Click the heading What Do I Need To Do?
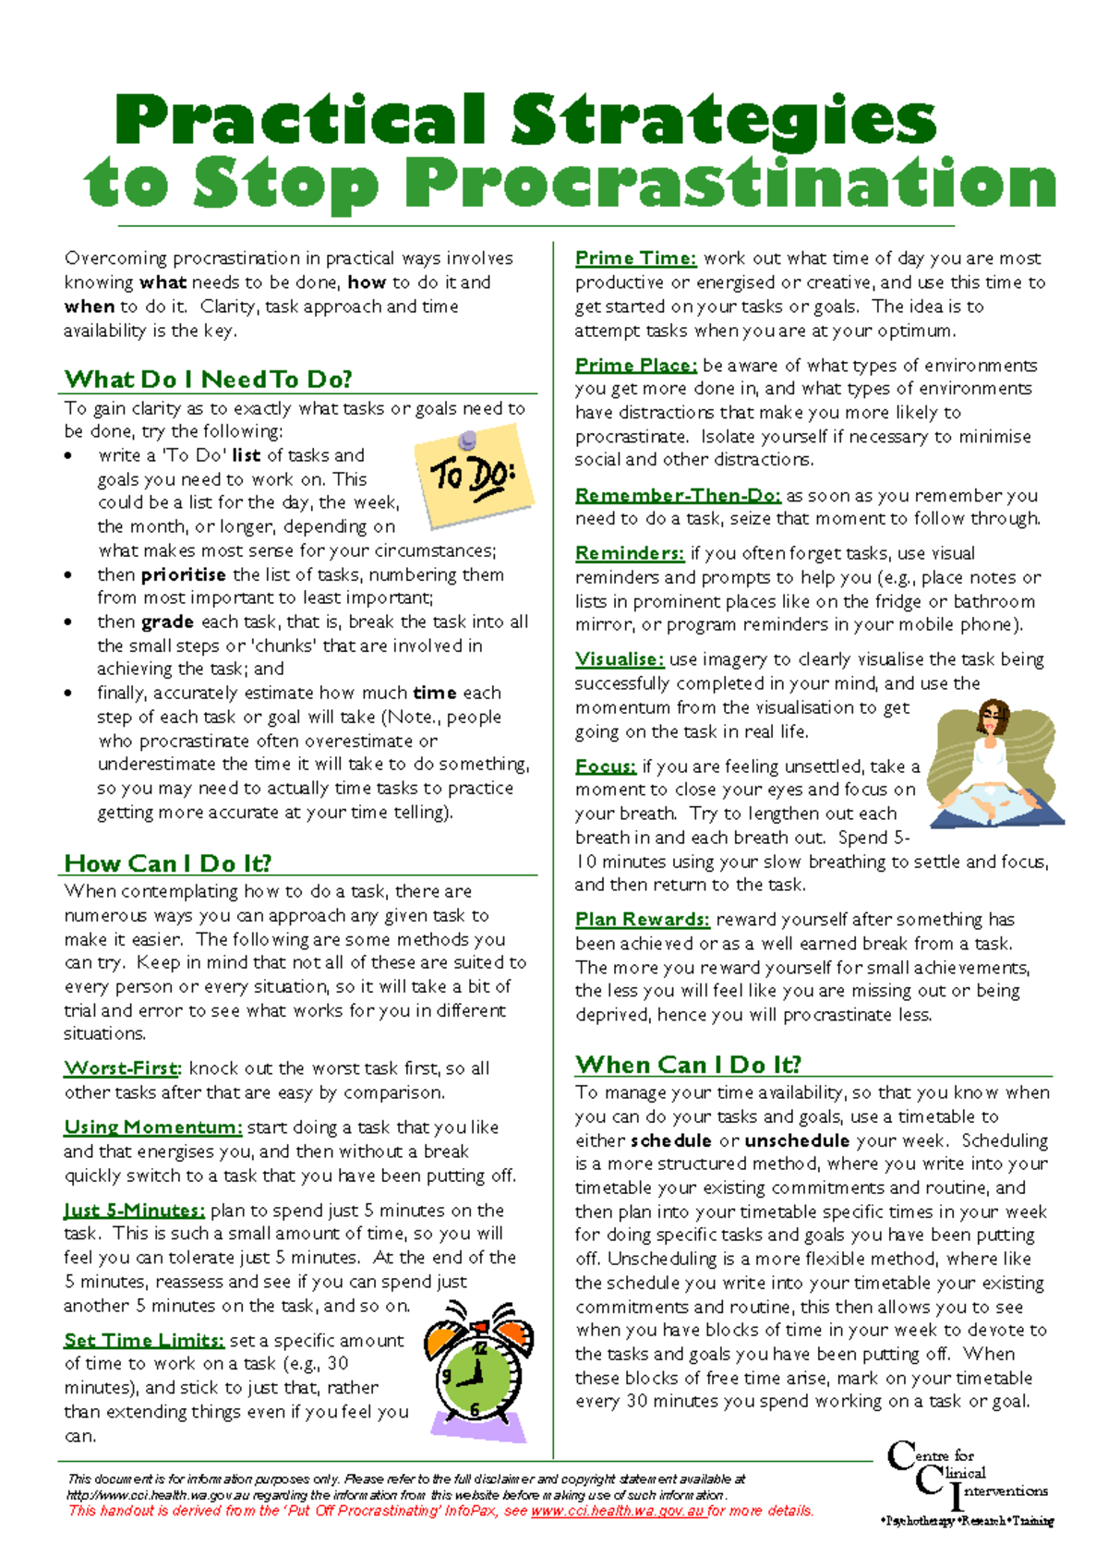pyautogui.click(x=208, y=380)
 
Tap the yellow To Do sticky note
pyautogui.click(x=475, y=475)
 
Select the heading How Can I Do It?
pyautogui.click(x=168, y=863)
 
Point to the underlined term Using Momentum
pyautogui.click(x=152, y=1128)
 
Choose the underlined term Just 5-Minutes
pyautogui.click(x=134, y=1210)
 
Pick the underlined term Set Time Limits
pyautogui.click(x=144, y=1340)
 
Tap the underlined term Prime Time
pyautogui.click(x=635, y=259)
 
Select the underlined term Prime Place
pyautogui.click(x=635, y=366)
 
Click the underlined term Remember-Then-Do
pyautogui.click(x=678, y=496)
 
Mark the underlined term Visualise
pyautogui.click(x=619, y=659)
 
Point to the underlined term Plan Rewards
pyautogui.click(x=642, y=920)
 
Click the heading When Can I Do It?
pyautogui.click(x=688, y=1065)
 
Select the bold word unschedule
pyautogui.click(x=796, y=1140)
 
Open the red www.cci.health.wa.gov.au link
pyautogui.click(x=618, y=1512)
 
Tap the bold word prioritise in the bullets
pyautogui.click(x=183, y=574)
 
